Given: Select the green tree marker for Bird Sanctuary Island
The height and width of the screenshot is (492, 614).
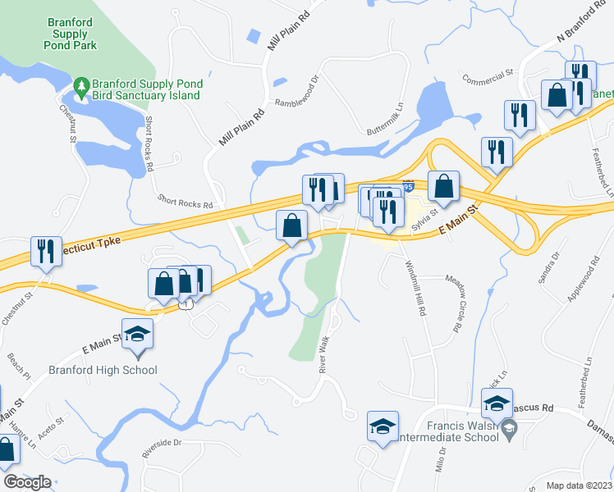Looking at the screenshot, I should click(x=80, y=85).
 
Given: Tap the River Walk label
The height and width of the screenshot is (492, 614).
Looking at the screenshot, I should click(x=326, y=352).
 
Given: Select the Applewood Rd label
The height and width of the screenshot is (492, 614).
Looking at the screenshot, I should click(x=581, y=281).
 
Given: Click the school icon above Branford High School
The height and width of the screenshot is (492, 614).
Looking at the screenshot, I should click(x=138, y=337).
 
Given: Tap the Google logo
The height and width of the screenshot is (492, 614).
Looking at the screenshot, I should click(x=27, y=482).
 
